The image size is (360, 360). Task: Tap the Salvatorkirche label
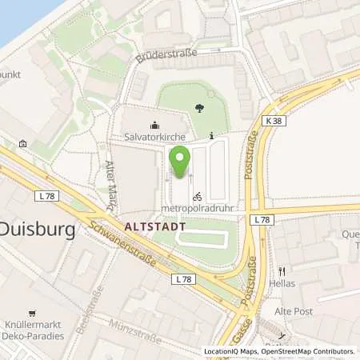(154, 137)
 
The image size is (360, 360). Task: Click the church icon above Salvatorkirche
(154, 125)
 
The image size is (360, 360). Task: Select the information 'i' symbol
(211, 136)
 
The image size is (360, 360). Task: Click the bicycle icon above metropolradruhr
(197, 195)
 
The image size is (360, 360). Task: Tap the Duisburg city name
(36, 230)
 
